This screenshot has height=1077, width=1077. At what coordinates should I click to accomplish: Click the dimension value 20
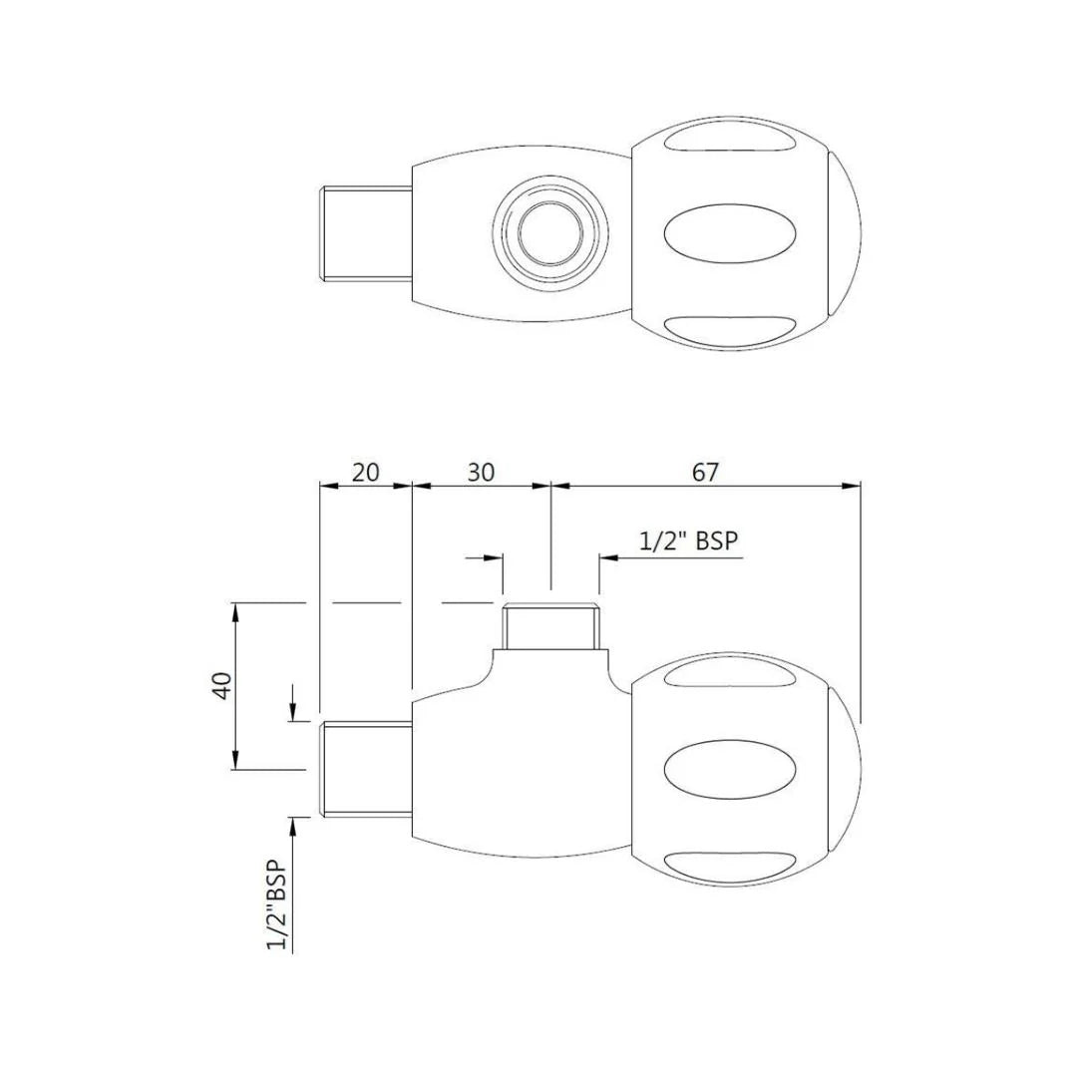[366, 472]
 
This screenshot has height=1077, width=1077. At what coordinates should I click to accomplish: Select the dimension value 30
[481, 472]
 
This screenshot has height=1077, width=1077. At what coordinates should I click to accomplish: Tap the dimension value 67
[704, 472]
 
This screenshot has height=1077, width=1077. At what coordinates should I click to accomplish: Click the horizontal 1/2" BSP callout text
[688, 540]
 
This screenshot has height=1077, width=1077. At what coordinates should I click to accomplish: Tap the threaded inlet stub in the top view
[365, 232]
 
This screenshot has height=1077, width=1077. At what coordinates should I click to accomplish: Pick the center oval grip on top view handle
[730, 232]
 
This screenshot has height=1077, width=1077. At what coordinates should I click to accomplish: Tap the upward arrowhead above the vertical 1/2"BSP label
[293, 824]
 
